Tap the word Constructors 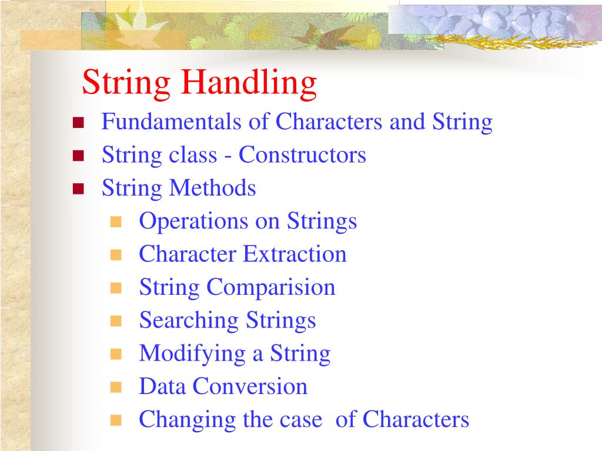pos(302,156)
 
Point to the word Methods pos(212,189)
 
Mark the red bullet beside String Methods pos(78,189)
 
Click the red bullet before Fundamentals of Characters pos(78,123)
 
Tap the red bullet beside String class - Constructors pos(78,156)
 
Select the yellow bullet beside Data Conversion pos(116,387)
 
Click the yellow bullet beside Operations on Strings pos(116,223)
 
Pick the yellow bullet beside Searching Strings pos(116,321)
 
